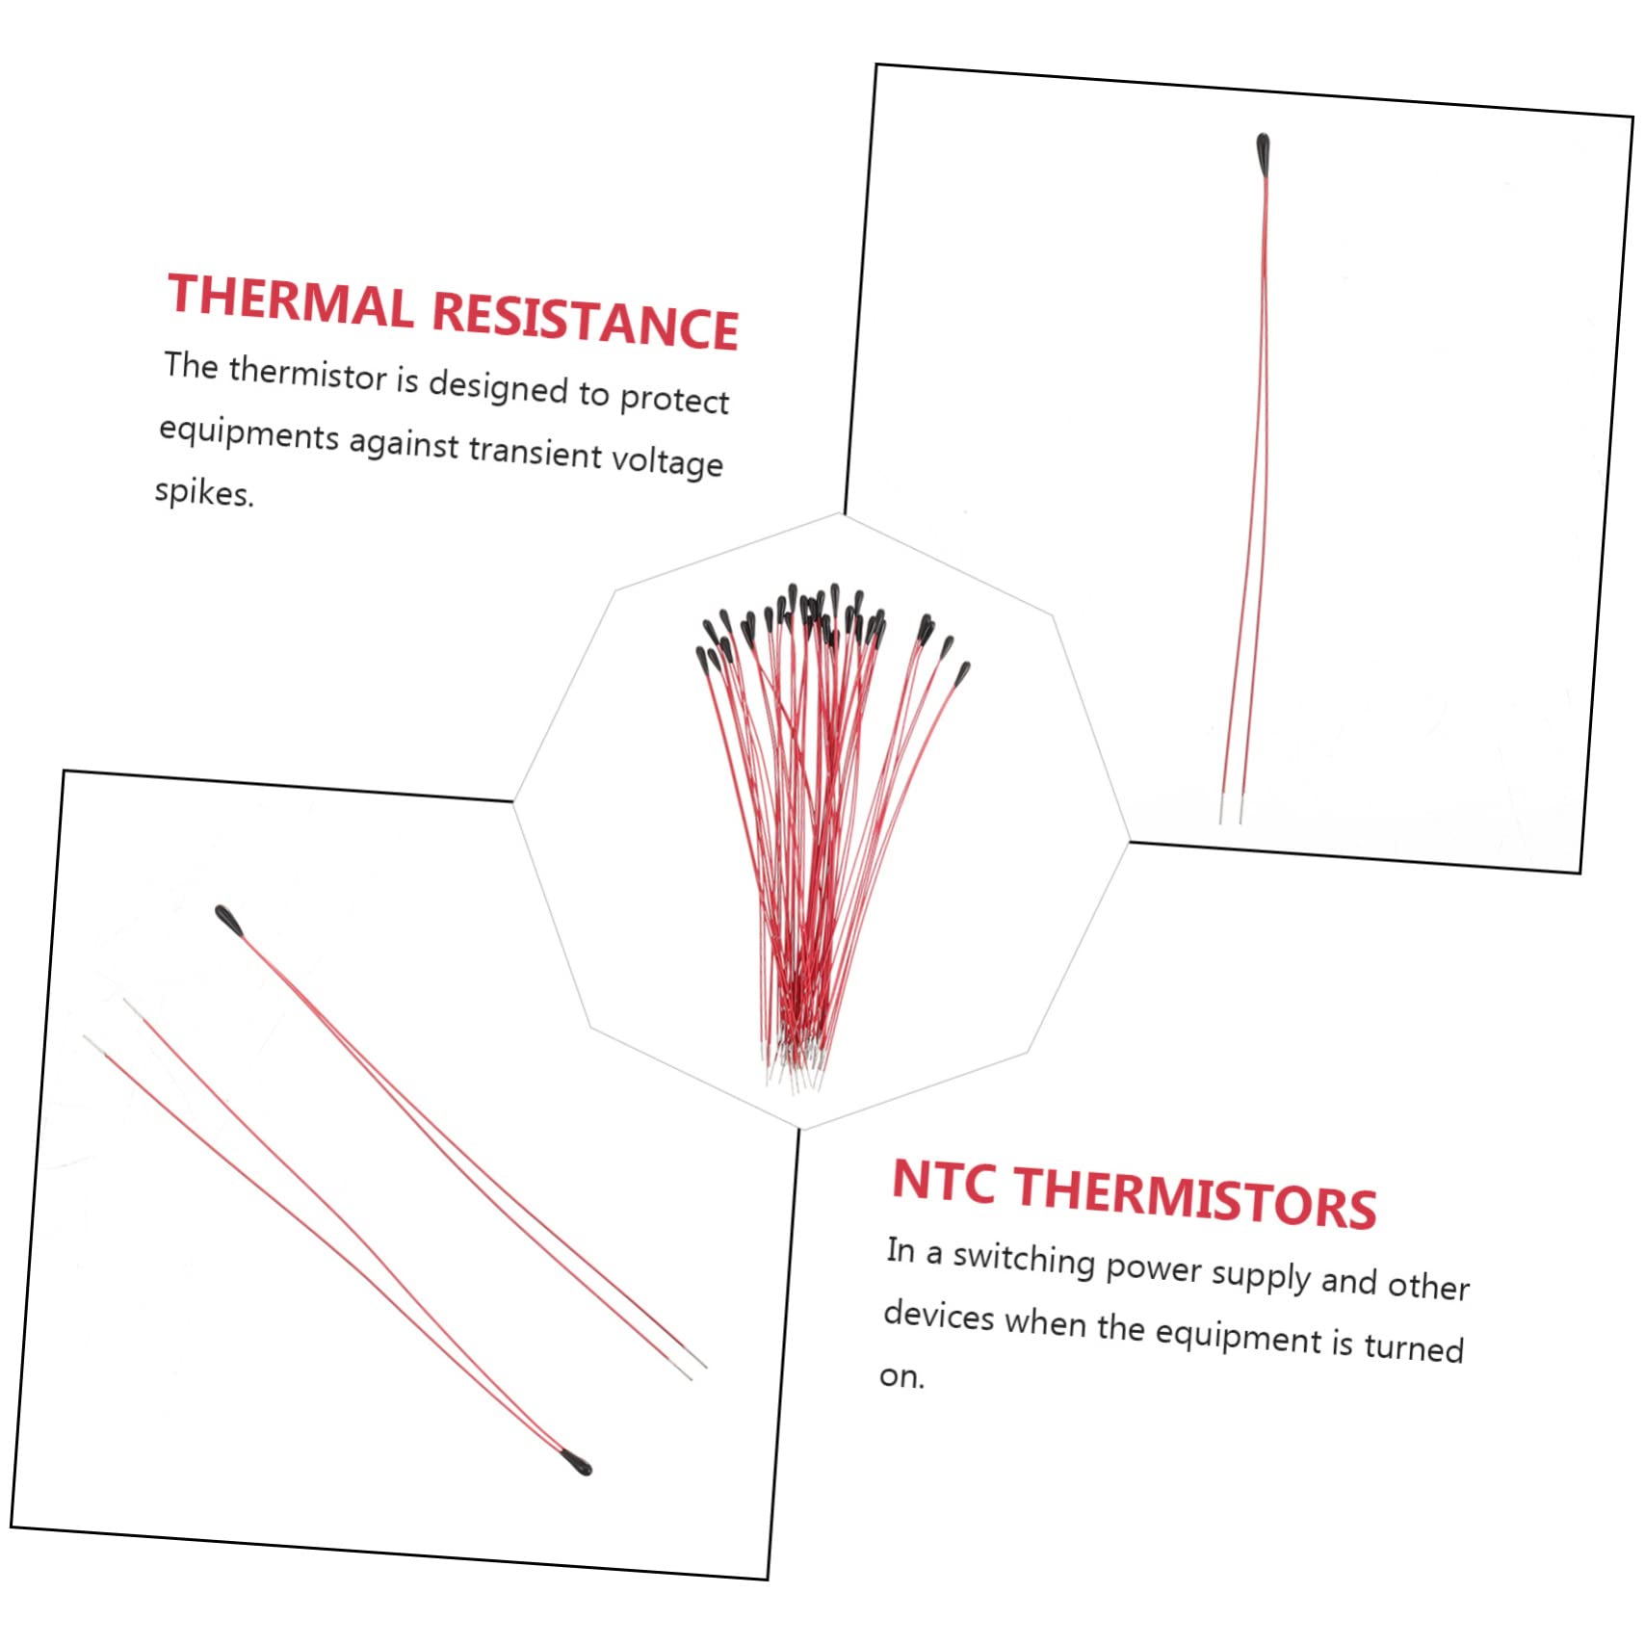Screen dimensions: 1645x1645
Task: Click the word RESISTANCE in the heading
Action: pyautogui.click(x=585, y=320)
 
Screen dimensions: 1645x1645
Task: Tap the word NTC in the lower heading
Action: pyautogui.click(x=943, y=1182)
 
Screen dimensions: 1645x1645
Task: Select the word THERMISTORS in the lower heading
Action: pyautogui.click(x=1195, y=1199)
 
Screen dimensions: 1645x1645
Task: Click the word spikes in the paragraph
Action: pyautogui.click(x=203, y=493)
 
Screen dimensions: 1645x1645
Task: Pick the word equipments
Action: pyautogui.click(x=248, y=434)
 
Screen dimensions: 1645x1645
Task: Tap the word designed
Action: pyautogui.click(x=498, y=387)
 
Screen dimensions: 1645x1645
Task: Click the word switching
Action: pyautogui.click(x=1024, y=1260)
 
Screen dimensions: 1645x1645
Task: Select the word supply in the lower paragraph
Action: pyautogui.click(x=1261, y=1275)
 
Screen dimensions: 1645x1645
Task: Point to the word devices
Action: pyautogui.click(x=938, y=1316)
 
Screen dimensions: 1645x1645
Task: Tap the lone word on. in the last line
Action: pyautogui.click(x=901, y=1376)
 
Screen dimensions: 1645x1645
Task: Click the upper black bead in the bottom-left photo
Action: pyautogui.click(x=228, y=920)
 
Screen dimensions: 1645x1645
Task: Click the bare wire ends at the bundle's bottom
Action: pyautogui.click(x=796, y=1069)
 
